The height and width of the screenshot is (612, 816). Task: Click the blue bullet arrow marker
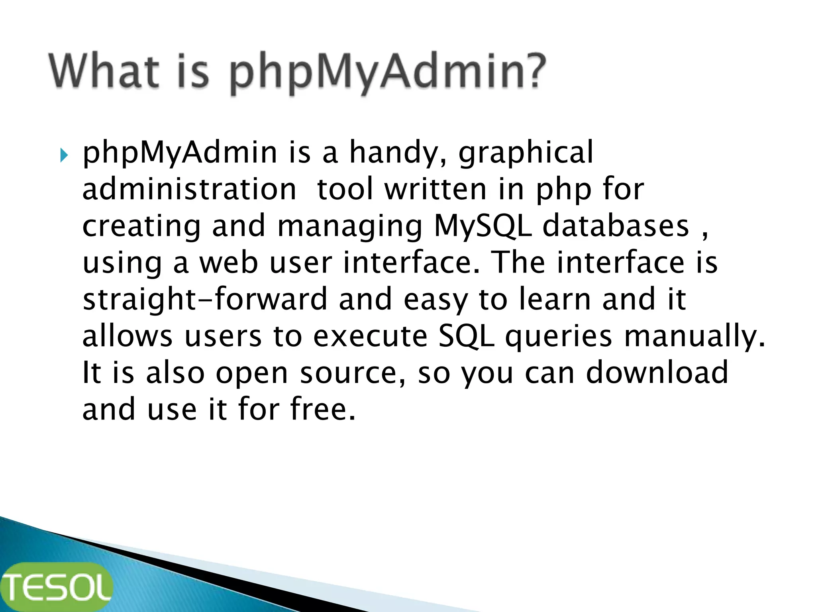(x=64, y=155)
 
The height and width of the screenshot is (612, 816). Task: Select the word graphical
(x=526, y=153)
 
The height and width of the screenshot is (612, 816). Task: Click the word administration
(x=189, y=189)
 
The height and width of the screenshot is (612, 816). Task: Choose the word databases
(x=616, y=226)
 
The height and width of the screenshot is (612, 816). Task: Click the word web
(x=229, y=263)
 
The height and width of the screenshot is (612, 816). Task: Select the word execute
(x=370, y=336)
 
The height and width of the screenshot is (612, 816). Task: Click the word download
(x=657, y=373)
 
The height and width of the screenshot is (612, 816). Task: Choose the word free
(x=323, y=410)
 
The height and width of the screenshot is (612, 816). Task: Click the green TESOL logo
(x=56, y=586)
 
